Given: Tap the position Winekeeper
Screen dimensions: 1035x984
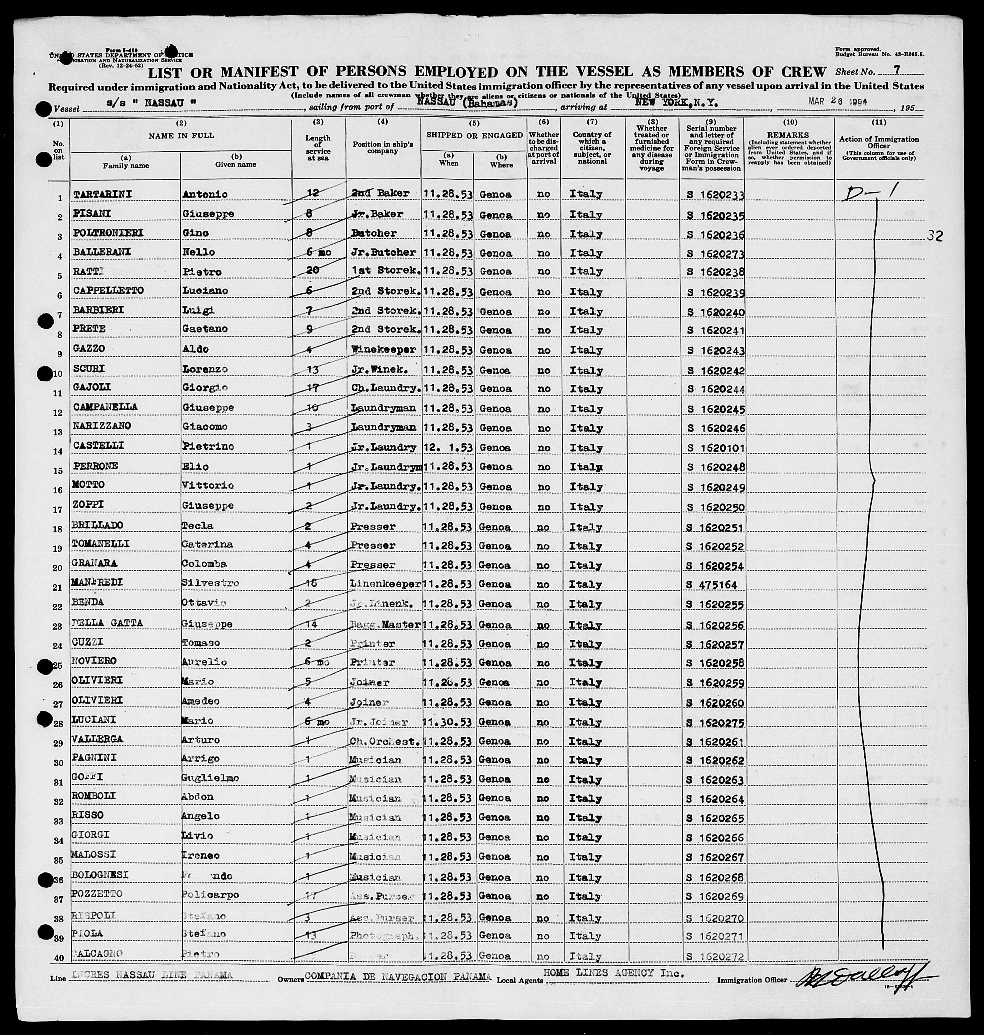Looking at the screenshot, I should point(383,349).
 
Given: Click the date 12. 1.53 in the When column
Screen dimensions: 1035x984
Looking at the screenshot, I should point(447,447).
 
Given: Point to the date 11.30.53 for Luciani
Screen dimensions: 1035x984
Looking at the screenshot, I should point(447,722).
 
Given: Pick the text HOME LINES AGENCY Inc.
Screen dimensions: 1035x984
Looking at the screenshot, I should point(614,973).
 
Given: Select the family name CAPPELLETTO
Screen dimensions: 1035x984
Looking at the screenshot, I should point(108,290).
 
